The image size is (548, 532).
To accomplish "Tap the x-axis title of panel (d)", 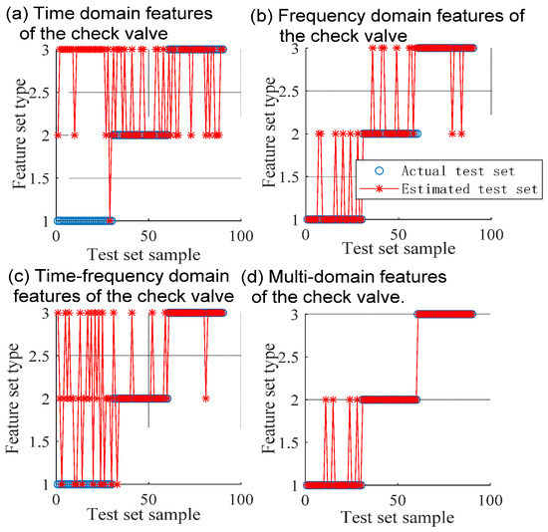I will pos(394,518).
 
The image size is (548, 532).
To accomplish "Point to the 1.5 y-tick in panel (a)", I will pos(35,177).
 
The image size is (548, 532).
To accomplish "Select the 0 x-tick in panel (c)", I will pos(56,500).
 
